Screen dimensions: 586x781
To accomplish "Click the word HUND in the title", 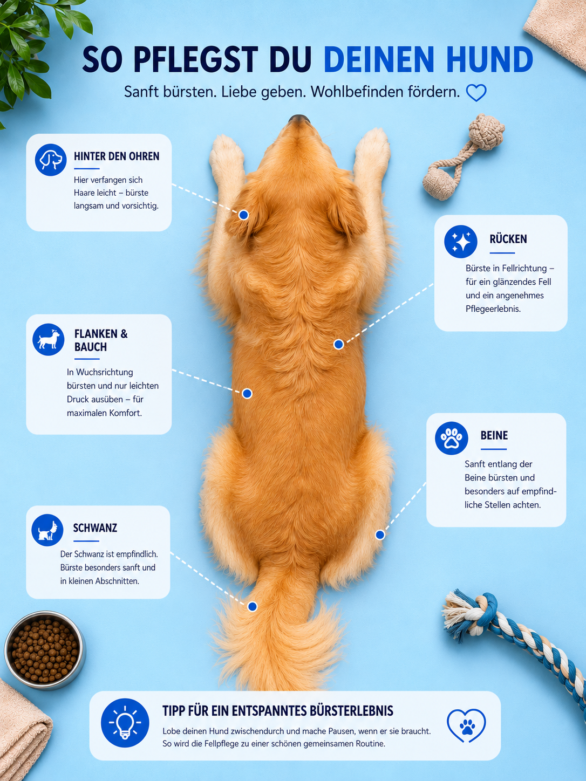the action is click(489, 59).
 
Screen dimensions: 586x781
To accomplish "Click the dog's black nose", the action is click(299, 119).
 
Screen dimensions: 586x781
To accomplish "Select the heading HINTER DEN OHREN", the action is click(117, 156).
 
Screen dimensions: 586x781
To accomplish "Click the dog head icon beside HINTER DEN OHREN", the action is click(51, 160).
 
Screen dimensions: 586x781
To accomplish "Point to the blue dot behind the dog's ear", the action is click(243, 215).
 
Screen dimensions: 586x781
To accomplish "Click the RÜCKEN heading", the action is click(508, 239).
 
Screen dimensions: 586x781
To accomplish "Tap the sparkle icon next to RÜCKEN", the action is click(461, 242).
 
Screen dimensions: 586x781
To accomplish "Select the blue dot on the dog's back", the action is click(338, 344).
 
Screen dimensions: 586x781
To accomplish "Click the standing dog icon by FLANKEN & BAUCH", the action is click(49, 339).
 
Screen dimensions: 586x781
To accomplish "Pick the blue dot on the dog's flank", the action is click(247, 394).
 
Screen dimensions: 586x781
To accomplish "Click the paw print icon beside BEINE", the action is click(451, 439).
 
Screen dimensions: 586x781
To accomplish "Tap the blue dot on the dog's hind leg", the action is click(380, 535).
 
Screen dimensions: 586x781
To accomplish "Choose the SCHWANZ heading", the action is click(95, 527).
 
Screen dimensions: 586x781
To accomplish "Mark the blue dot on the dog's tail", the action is click(253, 606).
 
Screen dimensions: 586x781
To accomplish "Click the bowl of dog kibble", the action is click(45, 650).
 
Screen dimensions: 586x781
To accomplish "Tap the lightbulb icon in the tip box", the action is click(125, 723).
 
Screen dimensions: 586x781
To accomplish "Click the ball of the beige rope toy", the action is click(486, 131).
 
